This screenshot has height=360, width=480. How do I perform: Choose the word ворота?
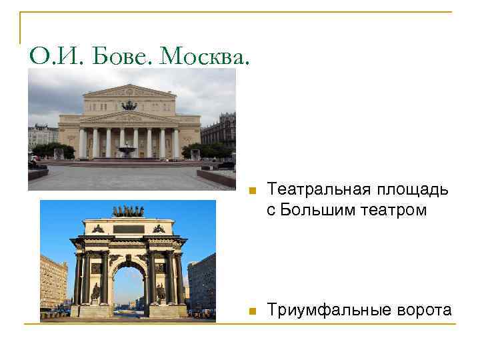pos(423,310)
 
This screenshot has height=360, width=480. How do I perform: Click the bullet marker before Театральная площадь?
pos(251,191)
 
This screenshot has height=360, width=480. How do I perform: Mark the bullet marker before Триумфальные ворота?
pos(251,311)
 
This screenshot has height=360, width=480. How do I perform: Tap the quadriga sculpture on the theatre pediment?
pos(129,105)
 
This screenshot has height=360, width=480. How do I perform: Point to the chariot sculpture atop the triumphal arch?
pos(128,211)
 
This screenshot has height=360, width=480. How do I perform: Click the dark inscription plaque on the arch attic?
pos(128,229)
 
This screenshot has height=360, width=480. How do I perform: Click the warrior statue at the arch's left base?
pos(95,292)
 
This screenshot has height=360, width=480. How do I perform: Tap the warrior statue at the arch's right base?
pos(161,292)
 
